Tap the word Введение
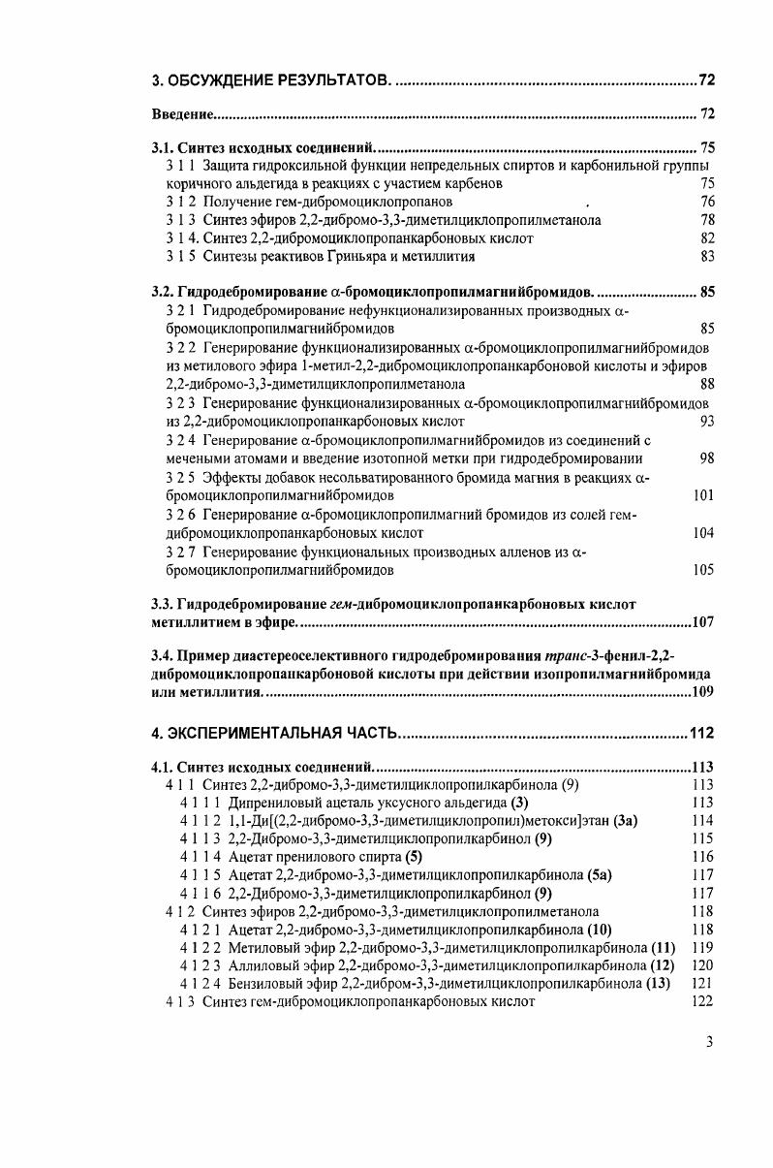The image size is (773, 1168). click(182, 114)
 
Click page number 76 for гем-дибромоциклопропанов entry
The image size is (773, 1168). click(707, 202)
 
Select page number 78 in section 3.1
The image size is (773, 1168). click(707, 220)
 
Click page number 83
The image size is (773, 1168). click(707, 257)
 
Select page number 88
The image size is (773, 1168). click(707, 385)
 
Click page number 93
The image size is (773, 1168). click(707, 422)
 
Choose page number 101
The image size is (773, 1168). click(704, 495)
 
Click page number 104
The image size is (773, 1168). click(704, 533)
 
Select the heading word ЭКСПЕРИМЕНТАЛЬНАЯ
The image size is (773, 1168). click(282, 732)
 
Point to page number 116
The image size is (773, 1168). click(704, 857)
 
